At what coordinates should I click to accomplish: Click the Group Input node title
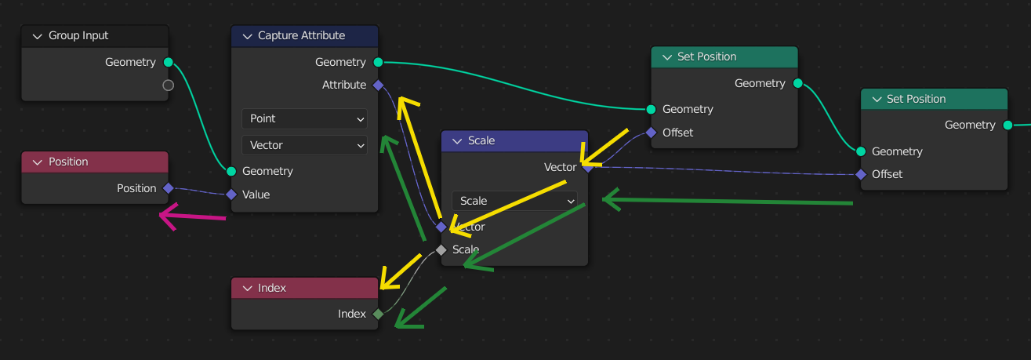pyautogui.click(x=78, y=36)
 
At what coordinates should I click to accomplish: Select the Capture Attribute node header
pyautogui.click(x=301, y=36)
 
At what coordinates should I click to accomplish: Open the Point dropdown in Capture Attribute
pyautogui.click(x=304, y=118)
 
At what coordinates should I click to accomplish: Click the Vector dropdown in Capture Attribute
pyautogui.click(x=304, y=145)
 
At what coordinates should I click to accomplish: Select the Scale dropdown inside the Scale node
pyautogui.click(x=514, y=201)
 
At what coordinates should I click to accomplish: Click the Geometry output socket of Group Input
pyautogui.click(x=168, y=62)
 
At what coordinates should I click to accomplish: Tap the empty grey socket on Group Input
pyautogui.click(x=168, y=85)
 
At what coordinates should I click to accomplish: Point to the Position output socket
pyautogui.click(x=168, y=188)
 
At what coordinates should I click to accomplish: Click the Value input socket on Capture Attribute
pyautogui.click(x=231, y=195)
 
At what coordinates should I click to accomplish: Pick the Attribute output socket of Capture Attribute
pyautogui.click(x=378, y=85)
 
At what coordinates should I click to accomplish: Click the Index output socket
pyautogui.click(x=378, y=314)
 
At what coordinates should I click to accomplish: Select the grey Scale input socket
pyautogui.click(x=441, y=249)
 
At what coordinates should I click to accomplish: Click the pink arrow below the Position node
pyautogui.click(x=192, y=216)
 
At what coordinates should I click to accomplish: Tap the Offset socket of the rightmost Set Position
pyautogui.click(x=861, y=174)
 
